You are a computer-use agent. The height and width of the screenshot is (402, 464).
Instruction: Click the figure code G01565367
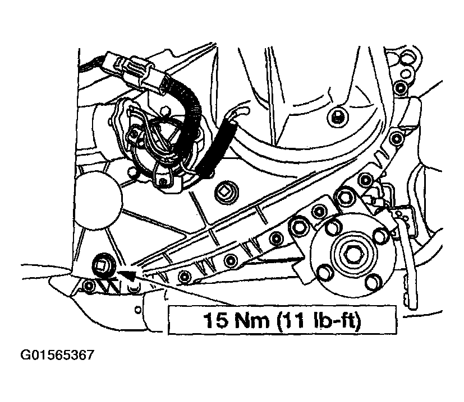(x=57, y=355)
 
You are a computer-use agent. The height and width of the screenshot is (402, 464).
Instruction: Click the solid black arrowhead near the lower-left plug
(x=127, y=274)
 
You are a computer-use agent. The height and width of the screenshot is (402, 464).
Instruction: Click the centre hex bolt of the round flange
(x=353, y=253)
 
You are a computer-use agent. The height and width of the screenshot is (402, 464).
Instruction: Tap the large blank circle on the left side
(x=96, y=201)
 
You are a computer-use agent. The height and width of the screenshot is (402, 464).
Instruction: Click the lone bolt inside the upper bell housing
(x=337, y=117)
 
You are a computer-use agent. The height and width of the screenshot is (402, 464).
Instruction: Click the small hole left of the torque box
(x=137, y=310)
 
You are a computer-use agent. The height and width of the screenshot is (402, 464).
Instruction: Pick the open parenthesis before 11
(x=279, y=321)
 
